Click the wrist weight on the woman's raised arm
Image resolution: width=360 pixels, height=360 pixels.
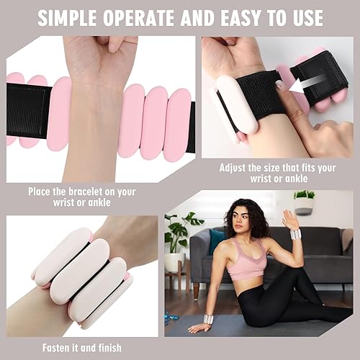pyautogui.click(x=294, y=234)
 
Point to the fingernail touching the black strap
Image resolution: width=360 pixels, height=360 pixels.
pyautogui.click(x=279, y=85)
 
